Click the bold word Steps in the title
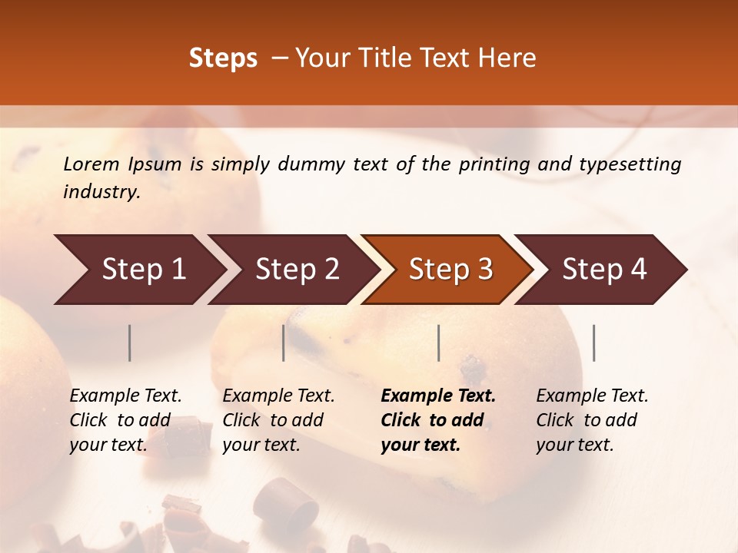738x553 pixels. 223,58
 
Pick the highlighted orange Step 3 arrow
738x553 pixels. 450,270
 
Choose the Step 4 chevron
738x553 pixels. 604,270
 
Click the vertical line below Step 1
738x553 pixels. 129,343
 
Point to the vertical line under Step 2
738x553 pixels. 284,343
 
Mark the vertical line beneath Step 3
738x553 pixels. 438,343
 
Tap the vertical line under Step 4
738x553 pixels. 593,343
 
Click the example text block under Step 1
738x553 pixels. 125,420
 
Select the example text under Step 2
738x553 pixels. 278,420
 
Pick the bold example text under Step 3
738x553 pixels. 437,420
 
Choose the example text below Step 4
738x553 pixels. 592,420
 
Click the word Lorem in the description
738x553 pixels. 91,164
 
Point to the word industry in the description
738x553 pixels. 101,192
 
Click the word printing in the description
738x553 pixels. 501,164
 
